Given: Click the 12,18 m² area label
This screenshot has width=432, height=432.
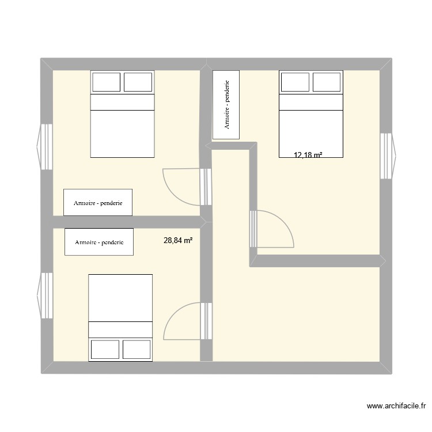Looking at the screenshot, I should click(308, 155).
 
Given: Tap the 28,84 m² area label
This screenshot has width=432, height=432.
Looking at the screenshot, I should click(178, 241).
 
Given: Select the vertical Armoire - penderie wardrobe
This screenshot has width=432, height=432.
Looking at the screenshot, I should click(228, 104).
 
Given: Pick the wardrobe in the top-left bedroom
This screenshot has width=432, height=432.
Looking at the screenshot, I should click(98, 203).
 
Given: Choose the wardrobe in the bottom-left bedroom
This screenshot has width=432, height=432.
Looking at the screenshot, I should click(99, 242).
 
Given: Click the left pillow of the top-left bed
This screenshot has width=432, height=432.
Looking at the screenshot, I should click(106, 82).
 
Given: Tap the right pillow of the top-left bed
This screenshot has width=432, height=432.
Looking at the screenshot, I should click(138, 82).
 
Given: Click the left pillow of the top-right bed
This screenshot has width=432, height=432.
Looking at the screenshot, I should click(295, 82).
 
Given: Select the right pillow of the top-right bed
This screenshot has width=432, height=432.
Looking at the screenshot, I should click(327, 82).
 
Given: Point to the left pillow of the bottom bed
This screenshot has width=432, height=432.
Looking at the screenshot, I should click(105, 350).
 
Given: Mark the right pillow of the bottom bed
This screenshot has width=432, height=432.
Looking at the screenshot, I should click(137, 350).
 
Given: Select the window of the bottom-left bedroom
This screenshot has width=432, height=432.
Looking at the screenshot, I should click(46, 295).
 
